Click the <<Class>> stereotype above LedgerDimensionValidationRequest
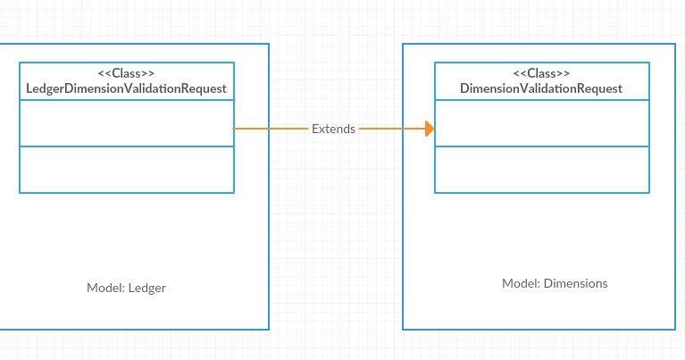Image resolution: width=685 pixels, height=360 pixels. click(x=127, y=72)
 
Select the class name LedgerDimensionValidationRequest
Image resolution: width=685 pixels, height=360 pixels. click(x=127, y=88)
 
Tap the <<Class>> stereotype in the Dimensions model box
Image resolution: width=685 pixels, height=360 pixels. click(x=541, y=72)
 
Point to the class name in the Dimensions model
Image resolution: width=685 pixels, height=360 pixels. click(x=541, y=88)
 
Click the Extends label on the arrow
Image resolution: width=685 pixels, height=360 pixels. click(x=333, y=129)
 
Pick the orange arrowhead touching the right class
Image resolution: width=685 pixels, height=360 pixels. click(x=430, y=129)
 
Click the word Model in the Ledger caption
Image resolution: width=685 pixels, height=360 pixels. click(x=104, y=288)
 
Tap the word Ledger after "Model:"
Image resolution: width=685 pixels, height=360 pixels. click(x=147, y=288)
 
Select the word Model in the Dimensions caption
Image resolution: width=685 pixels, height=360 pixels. click(x=520, y=283)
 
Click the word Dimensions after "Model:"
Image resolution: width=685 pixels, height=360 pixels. click(x=575, y=283)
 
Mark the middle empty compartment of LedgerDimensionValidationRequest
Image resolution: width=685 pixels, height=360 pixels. click(x=127, y=123)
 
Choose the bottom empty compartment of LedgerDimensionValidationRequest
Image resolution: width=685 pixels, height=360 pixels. click(x=127, y=170)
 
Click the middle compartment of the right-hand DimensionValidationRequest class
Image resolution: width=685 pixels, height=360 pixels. click(x=541, y=123)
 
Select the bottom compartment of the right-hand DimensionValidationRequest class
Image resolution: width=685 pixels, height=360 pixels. click(x=541, y=170)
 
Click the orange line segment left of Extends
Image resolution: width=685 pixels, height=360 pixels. click(x=271, y=129)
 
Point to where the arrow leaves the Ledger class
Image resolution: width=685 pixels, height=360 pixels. click(x=235, y=129)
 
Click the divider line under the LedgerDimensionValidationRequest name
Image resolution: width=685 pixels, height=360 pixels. click(x=127, y=100)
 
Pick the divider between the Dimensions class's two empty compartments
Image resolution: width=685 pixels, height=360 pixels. click(x=541, y=147)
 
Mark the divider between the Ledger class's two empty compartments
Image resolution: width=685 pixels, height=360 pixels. click(x=127, y=147)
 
